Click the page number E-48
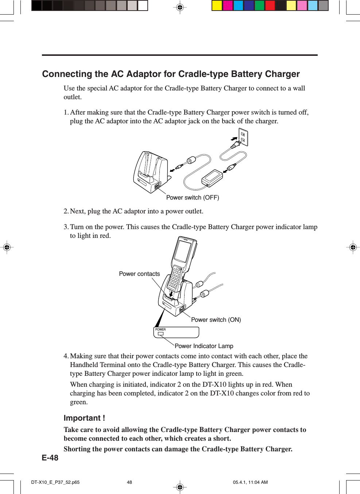[x=50, y=458]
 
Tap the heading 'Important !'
[x=84, y=418]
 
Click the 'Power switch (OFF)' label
[x=193, y=197]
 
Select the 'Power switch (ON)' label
[x=216, y=320]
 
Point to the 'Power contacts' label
[x=139, y=274]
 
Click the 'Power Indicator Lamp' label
[x=204, y=346]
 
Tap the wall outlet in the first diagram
[x=243, y=137]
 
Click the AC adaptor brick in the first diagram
[x=212, y=177]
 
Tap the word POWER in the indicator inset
[x=160, y=329]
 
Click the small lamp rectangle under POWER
[x=160, y=333]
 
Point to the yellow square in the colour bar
[x=217, y=5]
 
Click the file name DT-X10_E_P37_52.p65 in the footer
[x=55, y=482]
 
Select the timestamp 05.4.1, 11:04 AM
[x=250, y=482]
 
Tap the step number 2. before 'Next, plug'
[x=66, y=211]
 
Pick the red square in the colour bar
[x=270, y=5]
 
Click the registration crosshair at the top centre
[x=180, y=7]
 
